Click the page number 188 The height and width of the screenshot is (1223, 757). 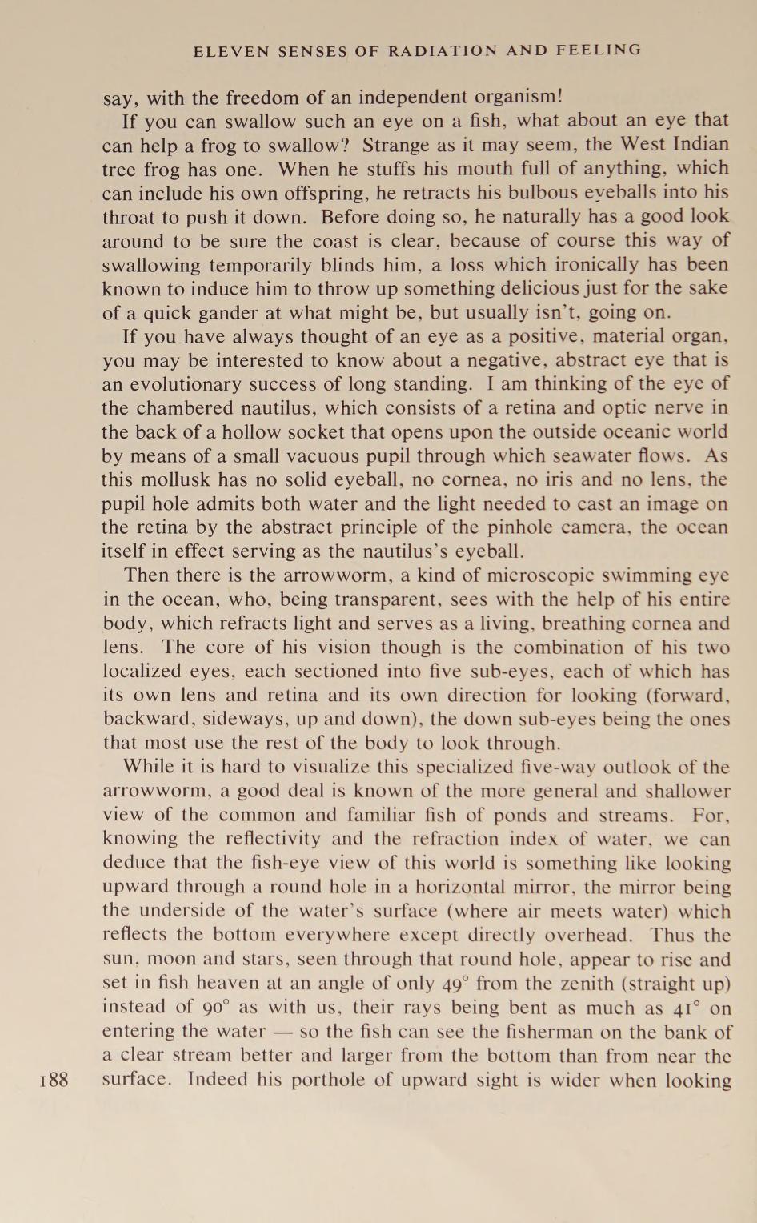(x=54, y=1079)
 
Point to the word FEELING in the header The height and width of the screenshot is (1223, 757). (x=600, y=50)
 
